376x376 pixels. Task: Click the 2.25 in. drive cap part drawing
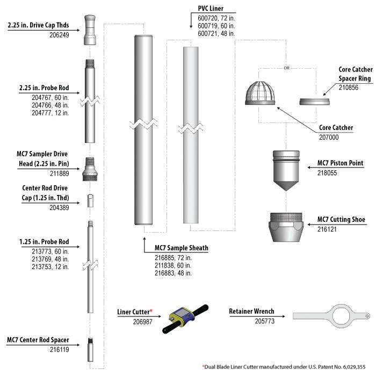click(90, 30)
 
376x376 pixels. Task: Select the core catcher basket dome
click(260, 93)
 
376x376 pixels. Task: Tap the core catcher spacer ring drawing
click(314, 102)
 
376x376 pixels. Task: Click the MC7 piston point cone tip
click(286, 190)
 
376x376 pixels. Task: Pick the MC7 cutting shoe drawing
click(286, 227)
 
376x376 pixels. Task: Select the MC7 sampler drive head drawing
click(90, 169)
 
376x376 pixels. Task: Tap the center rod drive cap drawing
click(90, 201)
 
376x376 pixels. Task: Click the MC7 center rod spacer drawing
click(90, 349)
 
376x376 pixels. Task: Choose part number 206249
click(59, 35)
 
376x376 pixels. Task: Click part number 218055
click(327, 173)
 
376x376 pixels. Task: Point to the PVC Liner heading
click(211, 9)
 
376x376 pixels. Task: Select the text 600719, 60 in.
click(216, 26)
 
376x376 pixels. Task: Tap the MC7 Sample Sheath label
click(182, 248)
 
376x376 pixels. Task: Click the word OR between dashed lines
click(286, 68)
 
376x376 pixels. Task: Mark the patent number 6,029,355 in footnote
click(354, 367)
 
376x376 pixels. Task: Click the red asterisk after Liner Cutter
click(151, 311)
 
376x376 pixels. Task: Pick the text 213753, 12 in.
click(50, 266)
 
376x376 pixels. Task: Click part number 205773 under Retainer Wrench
click(264, 321)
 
